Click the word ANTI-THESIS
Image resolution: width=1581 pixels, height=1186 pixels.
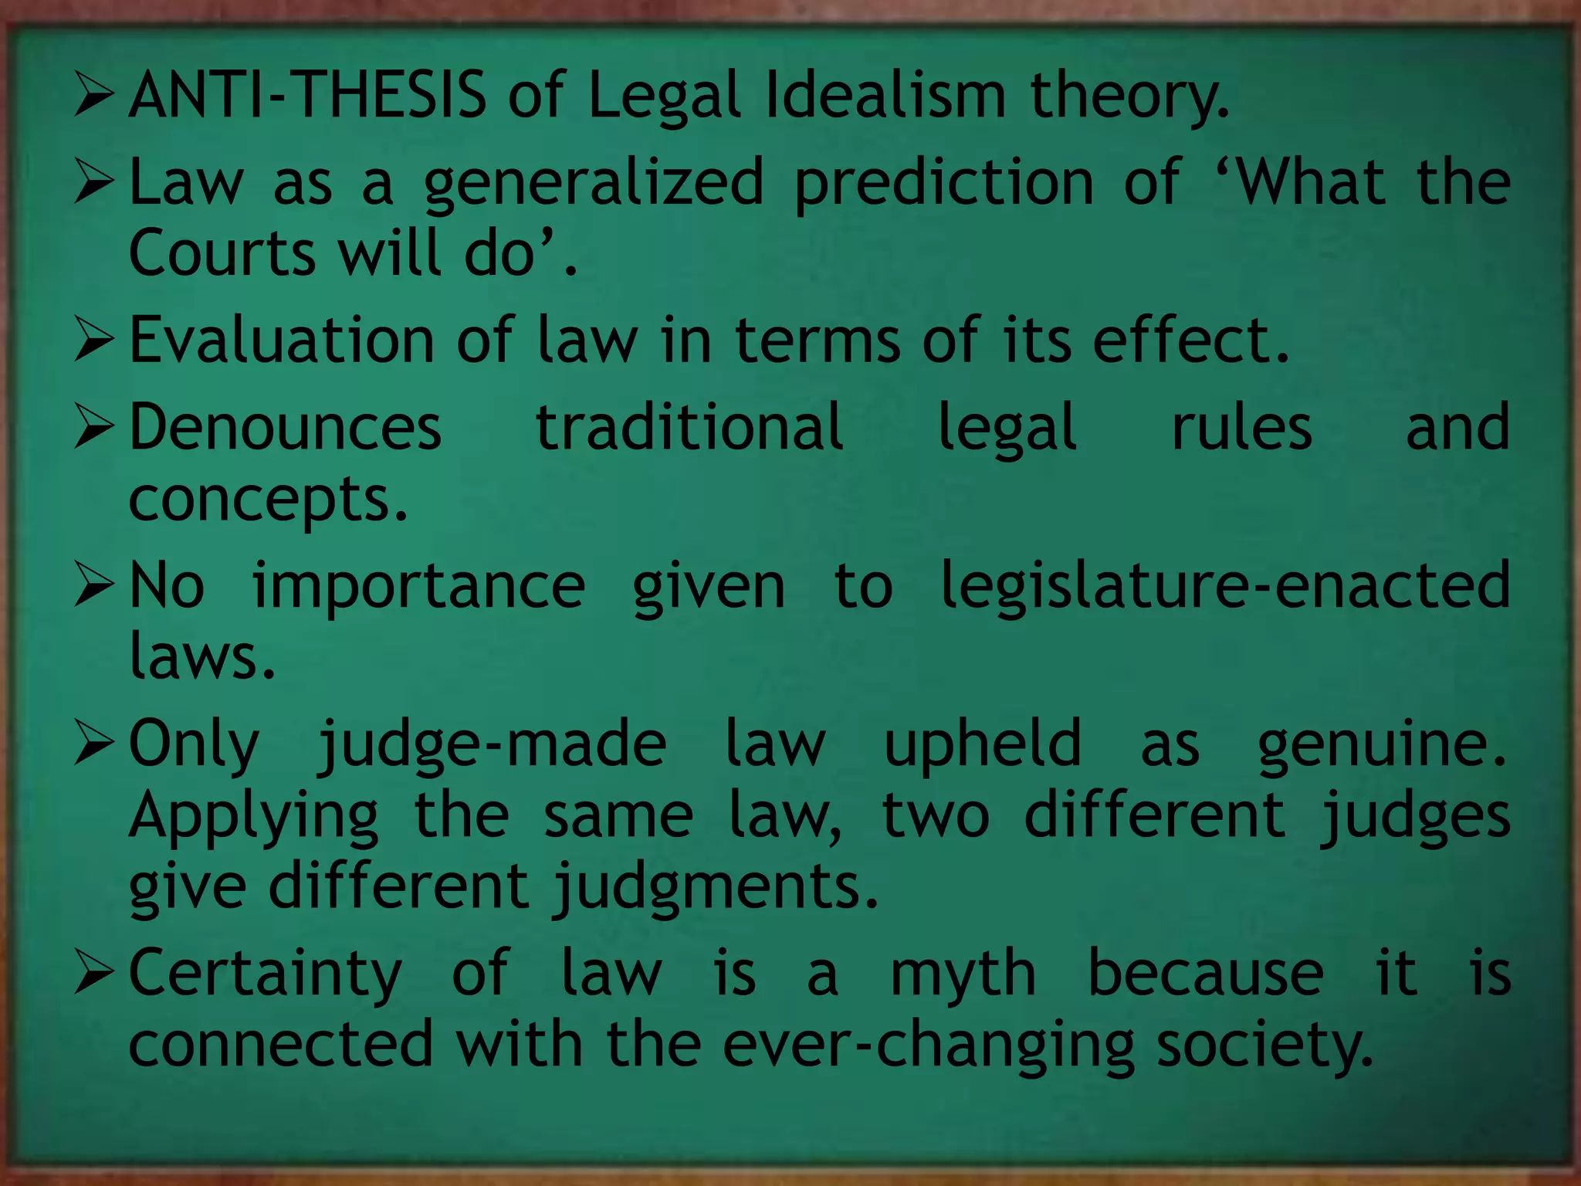coord(307,95)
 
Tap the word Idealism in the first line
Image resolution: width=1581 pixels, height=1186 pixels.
coord(886,95)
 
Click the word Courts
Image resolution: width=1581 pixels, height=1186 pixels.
coord(222,252)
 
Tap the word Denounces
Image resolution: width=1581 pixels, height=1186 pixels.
coord(285,427)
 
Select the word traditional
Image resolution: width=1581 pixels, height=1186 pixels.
coord(689,427)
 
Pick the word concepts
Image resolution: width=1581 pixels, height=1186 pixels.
coord(267,500)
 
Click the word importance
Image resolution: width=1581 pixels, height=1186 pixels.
coord(418,585)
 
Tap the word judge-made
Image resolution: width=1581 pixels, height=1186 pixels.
coord(493,745)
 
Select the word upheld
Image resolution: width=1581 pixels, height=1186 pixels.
coord(983,744)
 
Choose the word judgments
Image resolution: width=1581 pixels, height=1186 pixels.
coord(716,888)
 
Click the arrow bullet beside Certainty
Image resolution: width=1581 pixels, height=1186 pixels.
coord(94,974)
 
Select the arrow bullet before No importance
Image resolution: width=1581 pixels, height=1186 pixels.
coord(94,586)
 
